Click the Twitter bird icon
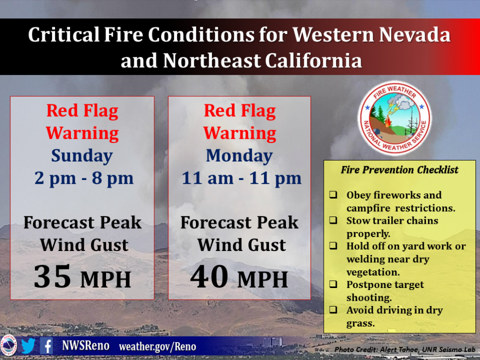point(28,346)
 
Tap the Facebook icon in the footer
point(47,346)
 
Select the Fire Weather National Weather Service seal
point(395,118)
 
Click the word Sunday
point(82,156)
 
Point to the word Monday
point(239,156)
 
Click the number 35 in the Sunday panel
point(52,277)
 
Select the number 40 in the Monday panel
point(209,277)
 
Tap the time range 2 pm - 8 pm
point(84,178)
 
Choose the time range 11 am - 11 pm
point(241,178)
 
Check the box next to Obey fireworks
point(333,195)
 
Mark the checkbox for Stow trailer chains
point(333,221)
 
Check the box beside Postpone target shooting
point(333,284)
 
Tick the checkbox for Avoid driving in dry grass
point(333,310)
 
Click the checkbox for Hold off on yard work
point(333,246)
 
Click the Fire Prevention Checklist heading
point(400,170)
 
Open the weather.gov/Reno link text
point(157,347)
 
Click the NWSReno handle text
point(86,346)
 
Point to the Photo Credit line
point(405,350)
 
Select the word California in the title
point(313,60)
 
